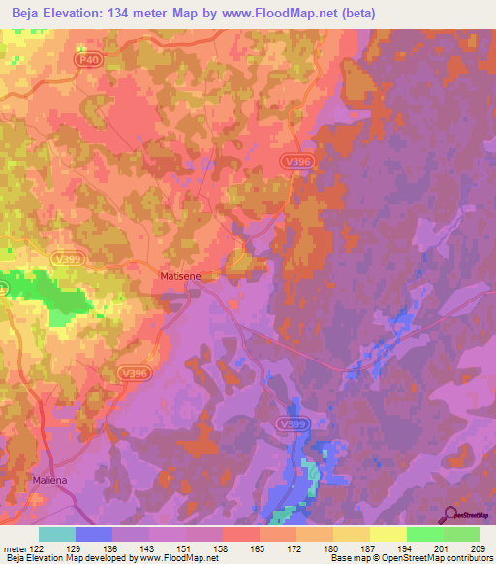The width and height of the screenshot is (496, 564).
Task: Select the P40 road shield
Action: (89, 59)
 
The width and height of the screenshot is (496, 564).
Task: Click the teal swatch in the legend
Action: (57, 534)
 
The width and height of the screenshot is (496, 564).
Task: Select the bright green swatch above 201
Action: (424, 534)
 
